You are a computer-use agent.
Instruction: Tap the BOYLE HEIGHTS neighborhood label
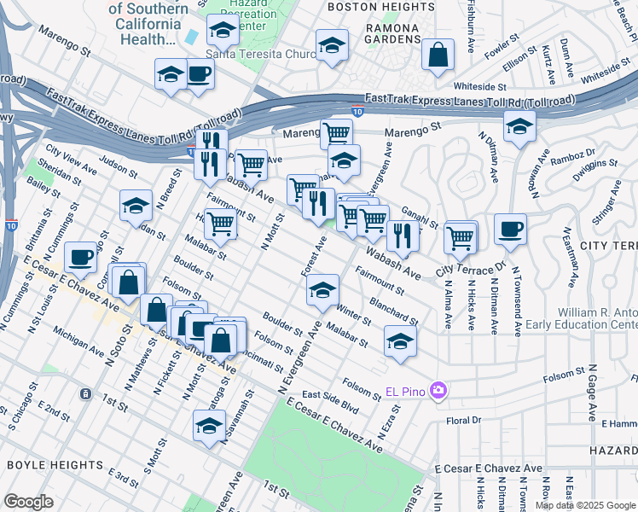(x=55, y=465)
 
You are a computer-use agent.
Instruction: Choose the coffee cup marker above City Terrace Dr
(x=510, y=229)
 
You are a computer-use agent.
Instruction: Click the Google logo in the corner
(x=29, y=502)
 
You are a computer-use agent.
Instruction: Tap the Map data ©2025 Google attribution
(x=585, y=505)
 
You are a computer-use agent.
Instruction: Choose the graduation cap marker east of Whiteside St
(x=519, y=128)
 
